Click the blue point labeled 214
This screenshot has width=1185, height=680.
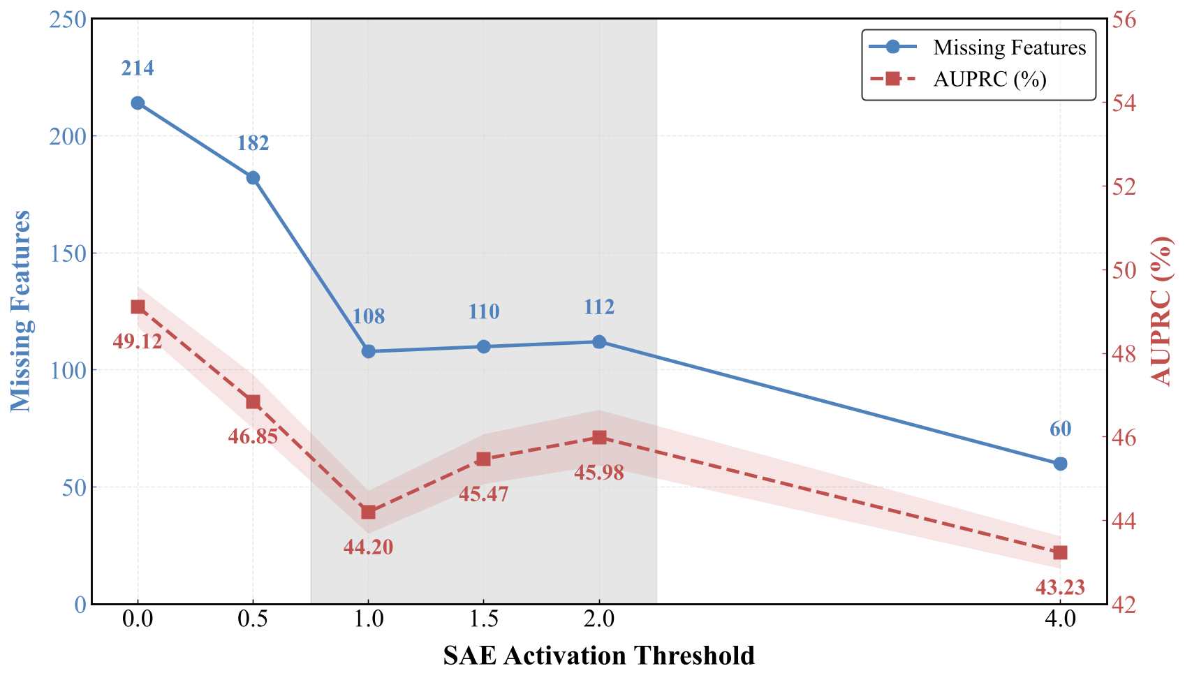138,103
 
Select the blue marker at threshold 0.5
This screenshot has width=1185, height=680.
253,178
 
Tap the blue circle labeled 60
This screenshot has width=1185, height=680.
1060,464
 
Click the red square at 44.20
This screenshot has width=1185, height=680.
368,512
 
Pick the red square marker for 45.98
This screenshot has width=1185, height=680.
599,438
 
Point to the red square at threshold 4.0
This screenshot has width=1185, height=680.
1060,553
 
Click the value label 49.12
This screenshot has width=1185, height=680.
137,341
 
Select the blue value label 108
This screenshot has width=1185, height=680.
368,316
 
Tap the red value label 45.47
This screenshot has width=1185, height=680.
483,494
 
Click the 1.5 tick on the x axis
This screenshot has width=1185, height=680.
483,619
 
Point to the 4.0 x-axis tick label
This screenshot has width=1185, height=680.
1060,619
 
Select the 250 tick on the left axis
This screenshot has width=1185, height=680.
68,20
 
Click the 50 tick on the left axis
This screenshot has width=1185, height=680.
74,487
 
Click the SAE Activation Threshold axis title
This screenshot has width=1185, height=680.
598,656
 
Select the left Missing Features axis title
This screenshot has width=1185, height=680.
21,311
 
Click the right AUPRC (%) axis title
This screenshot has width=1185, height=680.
1162,311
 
